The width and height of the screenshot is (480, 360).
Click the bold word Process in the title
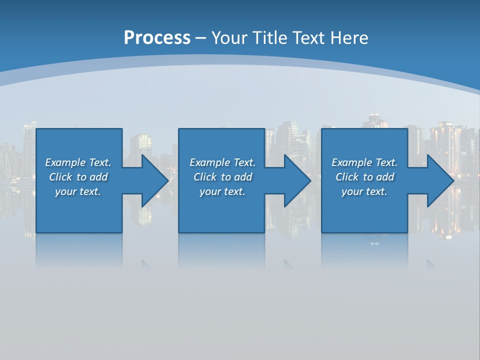[x=157, y=38]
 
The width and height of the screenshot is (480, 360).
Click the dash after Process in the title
[x=201, y=38]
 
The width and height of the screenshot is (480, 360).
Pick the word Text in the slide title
[x=309, y=38]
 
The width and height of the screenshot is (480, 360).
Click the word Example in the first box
[x=65, y=162]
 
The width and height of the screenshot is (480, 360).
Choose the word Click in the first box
[x=61, y=177]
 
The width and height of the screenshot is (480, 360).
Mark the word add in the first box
[x=98, y=177]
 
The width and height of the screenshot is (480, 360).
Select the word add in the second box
[x=243, y=177]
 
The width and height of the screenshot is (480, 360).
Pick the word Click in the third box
[x=347, y=177]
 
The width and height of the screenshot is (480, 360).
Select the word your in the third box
[x=352, y=191]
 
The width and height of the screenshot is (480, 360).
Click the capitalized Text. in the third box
[x=386, y=162]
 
